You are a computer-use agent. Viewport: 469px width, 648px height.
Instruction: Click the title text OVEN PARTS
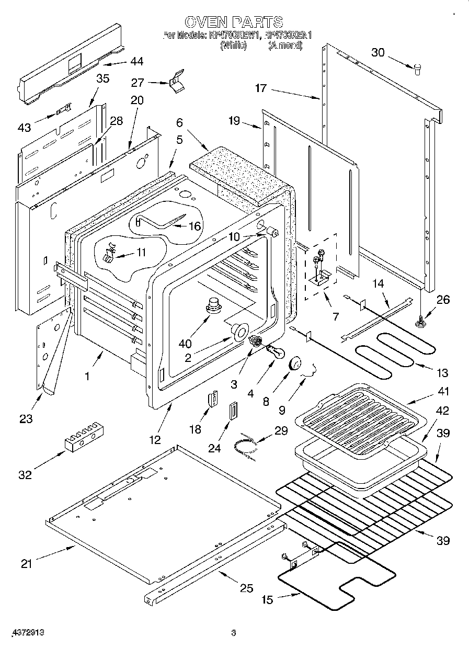[x=234, y=21]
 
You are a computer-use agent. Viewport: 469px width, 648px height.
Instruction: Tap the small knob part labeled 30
[x=418, y=69]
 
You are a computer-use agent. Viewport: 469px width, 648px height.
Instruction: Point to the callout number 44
[x=136, y=62]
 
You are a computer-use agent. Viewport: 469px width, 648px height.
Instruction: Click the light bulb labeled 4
[x=274, y=353]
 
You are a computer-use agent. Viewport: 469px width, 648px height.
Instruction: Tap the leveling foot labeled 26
[x=419, y=323]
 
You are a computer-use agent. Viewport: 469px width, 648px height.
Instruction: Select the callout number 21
[x=27, y=563]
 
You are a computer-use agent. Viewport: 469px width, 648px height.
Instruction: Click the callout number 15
[x=267, y=600]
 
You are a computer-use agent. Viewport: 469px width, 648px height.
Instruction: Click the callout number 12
[x=156, y=440]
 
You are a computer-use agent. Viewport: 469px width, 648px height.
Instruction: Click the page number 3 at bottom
[x=233, y=633]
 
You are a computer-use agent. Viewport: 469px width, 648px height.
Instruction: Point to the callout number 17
[x=260, y=88]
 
